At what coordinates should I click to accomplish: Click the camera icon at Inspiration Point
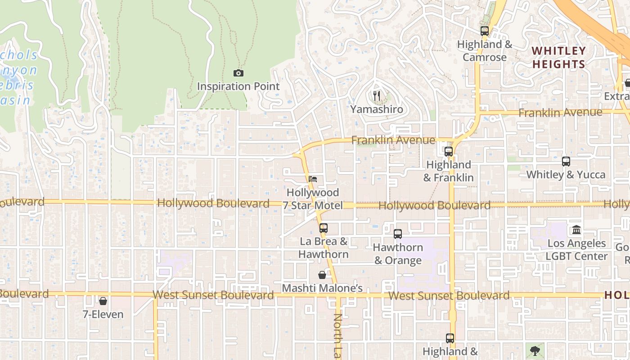pyautogui.click(x=238, y=73)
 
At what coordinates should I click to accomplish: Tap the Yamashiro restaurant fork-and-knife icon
pyautogui.click(x=377, y=95)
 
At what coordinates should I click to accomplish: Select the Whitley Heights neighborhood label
pyautogui.click(x=559, y=58)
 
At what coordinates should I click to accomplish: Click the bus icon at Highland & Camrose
pyautogui.click(x=485, y=31)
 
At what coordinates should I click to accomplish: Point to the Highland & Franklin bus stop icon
pyautogui.click(x=449, y=152)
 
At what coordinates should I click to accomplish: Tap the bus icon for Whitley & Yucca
pyautogui.click(x=566, y=161)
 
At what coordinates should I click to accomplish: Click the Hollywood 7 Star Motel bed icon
pyautogui.click(x=313, y=179)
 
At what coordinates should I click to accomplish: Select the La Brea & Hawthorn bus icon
pyautogui.click(x=324, y=228)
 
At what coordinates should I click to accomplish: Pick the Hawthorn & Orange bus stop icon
pyautogui.click(x=398, y=234)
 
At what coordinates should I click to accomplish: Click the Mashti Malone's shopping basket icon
pyautogui.click(x=322, y=275)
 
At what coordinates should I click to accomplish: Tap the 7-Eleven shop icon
pyautogui.click(x=103, y=301)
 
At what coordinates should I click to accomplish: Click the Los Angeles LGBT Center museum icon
pyautogui.click(x=576, y=230)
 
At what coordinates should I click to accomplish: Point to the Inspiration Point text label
pyautogui.click(x=238, y=86)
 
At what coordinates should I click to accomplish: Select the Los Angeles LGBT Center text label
pyautogui.click(x=576, y=250)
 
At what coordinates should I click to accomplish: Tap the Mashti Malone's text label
pyautogui.click(x=322, y=288)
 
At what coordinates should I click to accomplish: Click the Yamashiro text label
pyautogui.click(x=377, y=109)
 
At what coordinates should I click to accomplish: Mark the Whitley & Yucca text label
pyautogui.click(x=566, y=175)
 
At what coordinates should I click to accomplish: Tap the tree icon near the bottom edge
pyautogui.click(x=535, y=351)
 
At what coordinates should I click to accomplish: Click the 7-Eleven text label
pyautogui.click(x=103, y=314)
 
